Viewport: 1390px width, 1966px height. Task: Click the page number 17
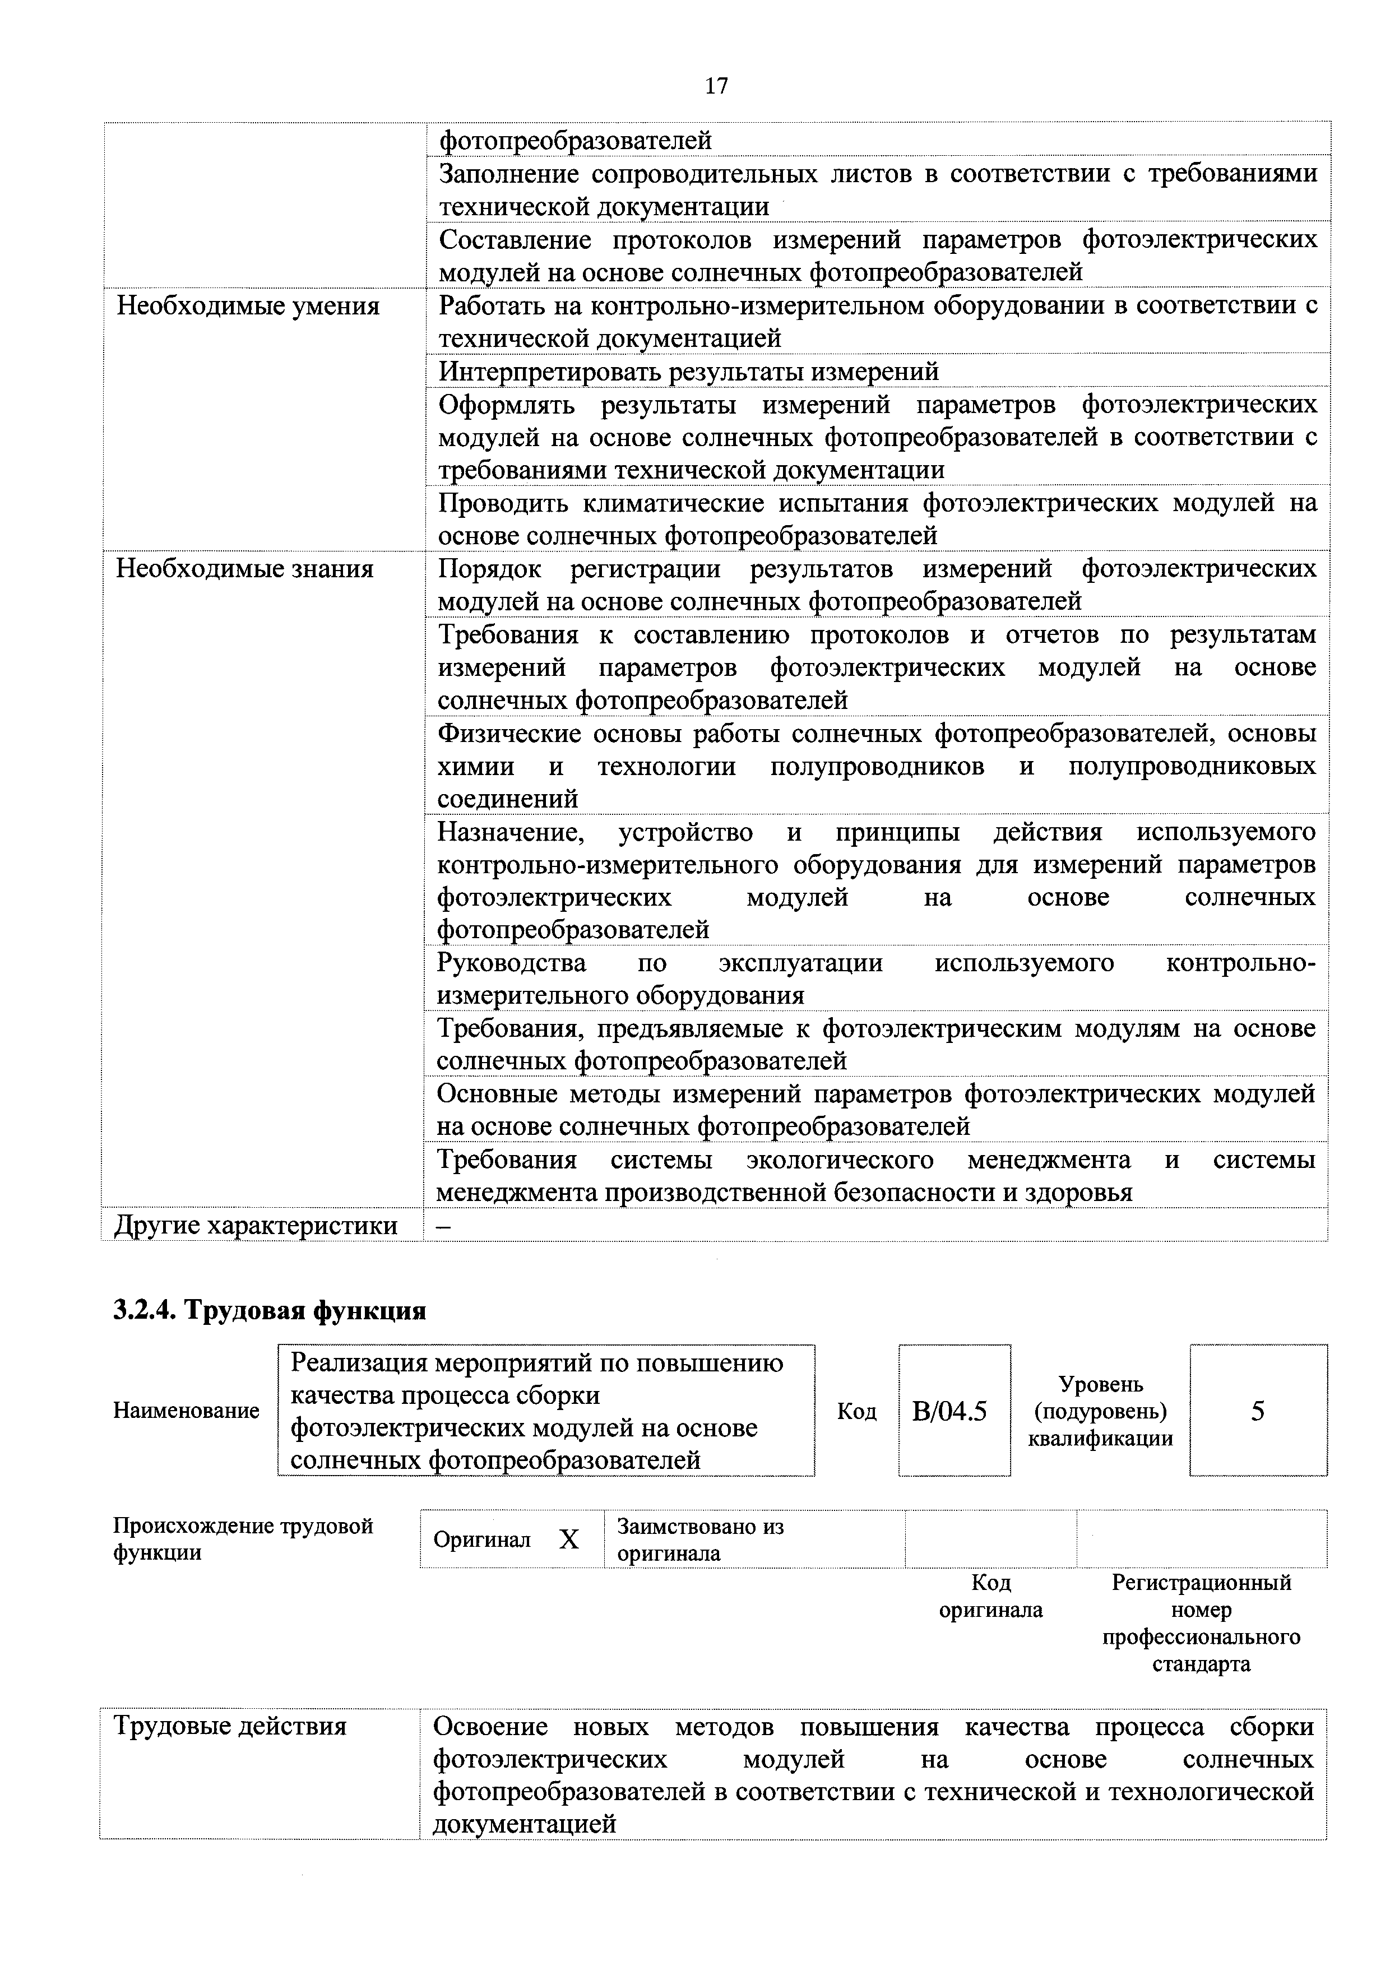point(716,86)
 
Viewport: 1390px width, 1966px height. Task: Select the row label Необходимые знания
point(245,569)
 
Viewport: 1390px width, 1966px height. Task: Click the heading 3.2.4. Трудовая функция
point(270,1310)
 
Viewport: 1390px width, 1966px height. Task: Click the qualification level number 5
point(1257,1410)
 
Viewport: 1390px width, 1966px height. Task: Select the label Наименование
point(186,1410)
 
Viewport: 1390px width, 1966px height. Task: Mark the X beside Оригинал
point(569,1540)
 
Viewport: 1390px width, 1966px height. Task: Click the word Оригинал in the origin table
point(481,1540)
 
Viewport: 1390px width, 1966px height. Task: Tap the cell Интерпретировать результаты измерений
point(689,372)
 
